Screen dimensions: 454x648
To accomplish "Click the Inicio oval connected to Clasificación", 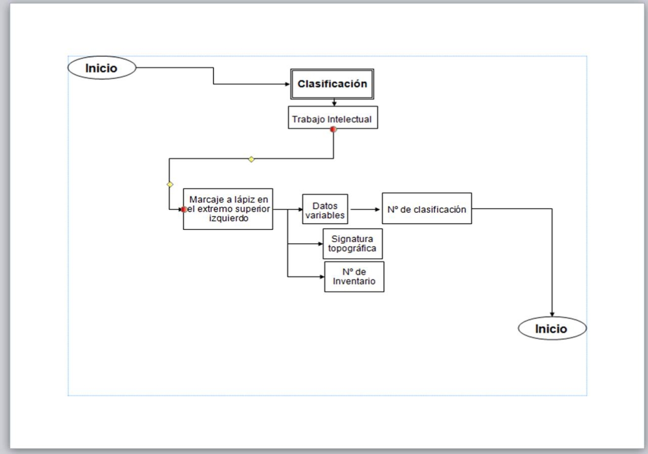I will [x=102, y=68].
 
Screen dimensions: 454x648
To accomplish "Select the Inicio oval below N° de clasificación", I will [x=552, y=328].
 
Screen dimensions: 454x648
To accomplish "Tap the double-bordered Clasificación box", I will [x=332, y=84].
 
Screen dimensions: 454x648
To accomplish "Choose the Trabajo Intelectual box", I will [x=333, y=118].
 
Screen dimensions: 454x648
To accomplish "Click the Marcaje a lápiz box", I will [x=228, y=209].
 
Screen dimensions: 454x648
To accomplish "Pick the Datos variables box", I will [x=325, y=209].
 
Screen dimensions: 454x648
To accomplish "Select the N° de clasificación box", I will [x=427, y=208].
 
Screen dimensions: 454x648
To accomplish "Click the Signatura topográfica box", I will [x=352, y=244].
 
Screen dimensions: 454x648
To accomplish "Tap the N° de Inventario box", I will [x=354, y=277].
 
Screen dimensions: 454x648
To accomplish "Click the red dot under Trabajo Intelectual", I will [x=333, y=129].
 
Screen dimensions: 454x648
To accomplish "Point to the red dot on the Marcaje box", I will [x=184, y=209].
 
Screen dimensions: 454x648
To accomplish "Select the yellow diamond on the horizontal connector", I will [x=251, y=159].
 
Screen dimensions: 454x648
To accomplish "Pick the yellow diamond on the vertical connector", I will [x=170, y=184].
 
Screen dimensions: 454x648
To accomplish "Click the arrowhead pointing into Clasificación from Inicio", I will [x=288, y=84].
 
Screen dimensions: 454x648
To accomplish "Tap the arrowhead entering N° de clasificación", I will [x=379, y=209].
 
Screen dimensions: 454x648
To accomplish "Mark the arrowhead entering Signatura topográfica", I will [x=320, y=244].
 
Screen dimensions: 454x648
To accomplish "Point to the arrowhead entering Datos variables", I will [x=300, y=209].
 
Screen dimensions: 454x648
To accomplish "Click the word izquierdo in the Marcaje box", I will [x=229, y=218].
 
